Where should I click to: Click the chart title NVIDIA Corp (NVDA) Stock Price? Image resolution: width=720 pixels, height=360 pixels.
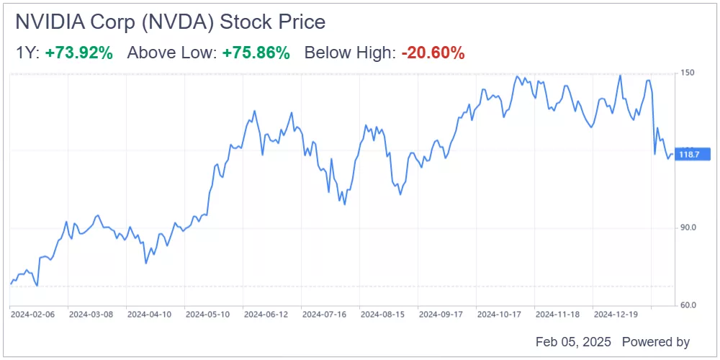[170, 22]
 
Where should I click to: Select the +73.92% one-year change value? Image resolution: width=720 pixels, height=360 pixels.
[78, 53]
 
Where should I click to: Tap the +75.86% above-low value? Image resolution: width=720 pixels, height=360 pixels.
[256, 53]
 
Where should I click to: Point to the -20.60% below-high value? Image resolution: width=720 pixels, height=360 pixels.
[433, 53]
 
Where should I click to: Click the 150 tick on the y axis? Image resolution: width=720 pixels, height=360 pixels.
[688, 73]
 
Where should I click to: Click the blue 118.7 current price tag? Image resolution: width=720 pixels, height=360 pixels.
[691, 154]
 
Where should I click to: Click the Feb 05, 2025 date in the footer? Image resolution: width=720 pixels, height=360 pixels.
[572, 342]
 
